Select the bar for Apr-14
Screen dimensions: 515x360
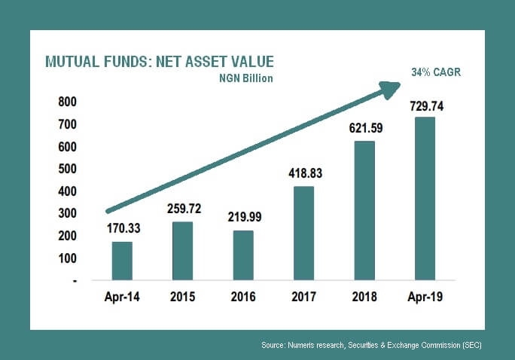[x=122, y=261]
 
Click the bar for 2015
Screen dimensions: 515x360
[x=183, y=251]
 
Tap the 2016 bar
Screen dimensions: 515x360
[x=243, y=255]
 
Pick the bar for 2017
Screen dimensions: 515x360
[x=304, y=233]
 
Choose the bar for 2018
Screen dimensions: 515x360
[x=364, y=211]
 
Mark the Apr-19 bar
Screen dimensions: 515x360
[x=425, y=198]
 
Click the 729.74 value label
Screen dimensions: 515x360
[x=427, y=106]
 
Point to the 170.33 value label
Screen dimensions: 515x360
[x=123, y=228]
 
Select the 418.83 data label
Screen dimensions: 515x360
[x=306, y=173]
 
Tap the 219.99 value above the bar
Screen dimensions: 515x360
[x=245, y=217]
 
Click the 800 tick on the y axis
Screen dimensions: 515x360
[x=67, y=102]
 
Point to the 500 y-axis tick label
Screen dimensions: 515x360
[x=67, y=169]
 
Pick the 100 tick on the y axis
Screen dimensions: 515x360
[x=67, y=258]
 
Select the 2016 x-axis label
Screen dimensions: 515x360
[x=243, y=297]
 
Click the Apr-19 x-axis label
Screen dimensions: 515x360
[x=425, y=297]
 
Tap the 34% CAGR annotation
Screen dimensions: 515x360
[x=436, y=72]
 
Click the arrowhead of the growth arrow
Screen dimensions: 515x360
[x=389, y=90]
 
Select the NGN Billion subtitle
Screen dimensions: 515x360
[x=246, y=78]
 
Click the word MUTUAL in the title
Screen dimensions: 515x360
[x=72, y=62]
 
